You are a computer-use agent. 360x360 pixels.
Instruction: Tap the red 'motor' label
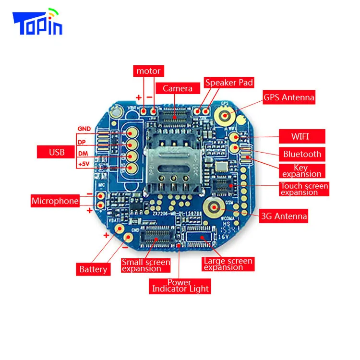[x=148, y=71]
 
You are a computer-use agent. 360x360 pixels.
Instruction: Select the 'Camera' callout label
[x=178, y=88]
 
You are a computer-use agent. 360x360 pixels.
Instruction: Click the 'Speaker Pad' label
[x=229, y=83]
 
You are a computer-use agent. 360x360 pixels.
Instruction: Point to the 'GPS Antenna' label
[x=289, y=97]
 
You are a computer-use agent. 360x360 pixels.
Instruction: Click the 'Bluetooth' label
[x=302, y=154]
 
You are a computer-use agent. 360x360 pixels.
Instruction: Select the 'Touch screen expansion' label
[x=304, y=189]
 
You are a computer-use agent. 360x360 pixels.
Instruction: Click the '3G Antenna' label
[x=283, y=216]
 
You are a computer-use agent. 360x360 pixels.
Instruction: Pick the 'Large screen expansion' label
[x=228, y=264]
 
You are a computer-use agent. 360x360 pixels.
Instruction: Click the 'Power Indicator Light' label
[x=180, y=286]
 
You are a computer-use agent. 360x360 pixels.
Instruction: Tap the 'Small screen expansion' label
[x=145, y=265]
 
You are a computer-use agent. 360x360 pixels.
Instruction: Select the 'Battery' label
[x=93, y=269]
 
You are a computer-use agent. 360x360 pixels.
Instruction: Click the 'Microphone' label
[x=55, y=201]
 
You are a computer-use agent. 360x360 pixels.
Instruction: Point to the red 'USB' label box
[x=57, y=153]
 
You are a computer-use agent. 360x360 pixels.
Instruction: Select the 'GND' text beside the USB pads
[x=84, y=129]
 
